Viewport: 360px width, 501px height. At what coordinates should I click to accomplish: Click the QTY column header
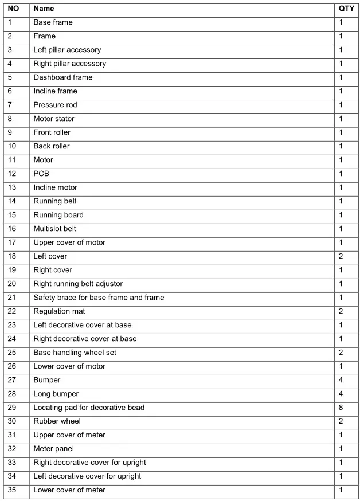point(346,9)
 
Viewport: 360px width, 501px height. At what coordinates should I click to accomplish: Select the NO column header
point(13,9)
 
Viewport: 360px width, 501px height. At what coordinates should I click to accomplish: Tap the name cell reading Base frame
point(53,22)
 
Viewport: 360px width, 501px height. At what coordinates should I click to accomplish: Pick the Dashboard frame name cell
point(62,77)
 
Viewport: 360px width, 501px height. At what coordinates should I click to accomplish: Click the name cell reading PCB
point(41,174)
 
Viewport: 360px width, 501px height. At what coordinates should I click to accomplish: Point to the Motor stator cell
point(53,119)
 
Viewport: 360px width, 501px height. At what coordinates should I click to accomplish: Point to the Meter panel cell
point(53,449)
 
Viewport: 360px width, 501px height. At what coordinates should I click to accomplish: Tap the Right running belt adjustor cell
point(78,284)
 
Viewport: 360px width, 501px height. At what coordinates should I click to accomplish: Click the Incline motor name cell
point(55,187)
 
